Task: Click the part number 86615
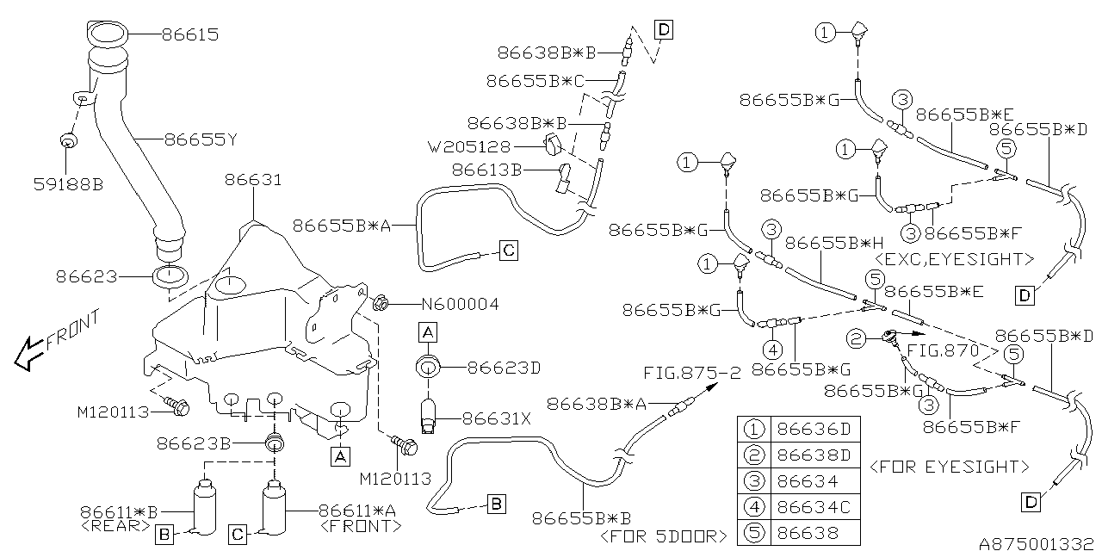pos(190,35)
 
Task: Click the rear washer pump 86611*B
pos(203,508)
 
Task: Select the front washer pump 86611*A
pos(274,508)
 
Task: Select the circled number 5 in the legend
pos(755,534)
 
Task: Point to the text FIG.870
pos(944,350)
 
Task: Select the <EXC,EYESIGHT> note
pos(952,258)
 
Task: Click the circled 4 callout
pos(772,350)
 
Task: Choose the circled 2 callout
pos(856,338)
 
